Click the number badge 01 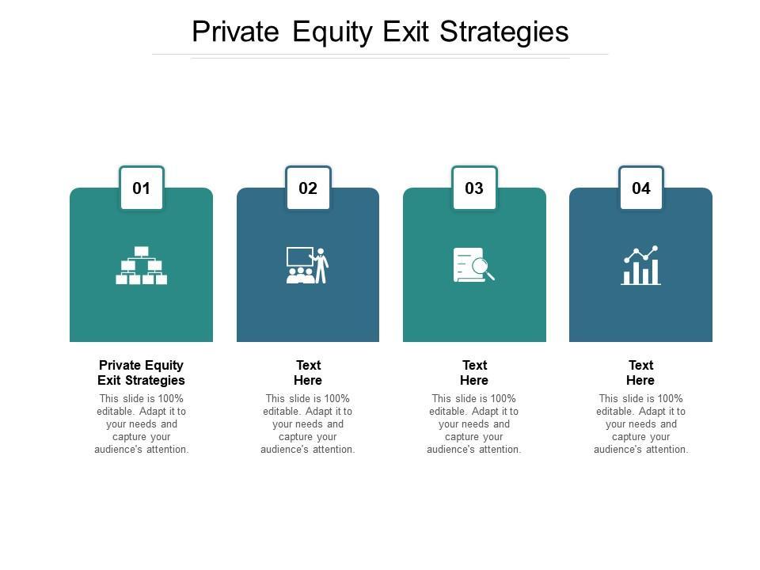point(142,188)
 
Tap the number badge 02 point(308,188)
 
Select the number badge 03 point(474,188)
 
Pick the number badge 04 point(641,188)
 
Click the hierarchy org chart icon point(142,265)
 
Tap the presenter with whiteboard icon point(308,265)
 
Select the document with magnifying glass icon point(474,264)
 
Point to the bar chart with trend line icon point(640,265)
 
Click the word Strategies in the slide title point(504,32)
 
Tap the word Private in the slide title point(236,32)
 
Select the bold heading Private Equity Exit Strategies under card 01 point(141,373)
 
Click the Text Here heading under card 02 point(308,373)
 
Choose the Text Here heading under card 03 point(474,373)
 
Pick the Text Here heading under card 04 point(640,373)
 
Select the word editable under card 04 point(614,412)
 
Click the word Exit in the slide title point(406,32)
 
